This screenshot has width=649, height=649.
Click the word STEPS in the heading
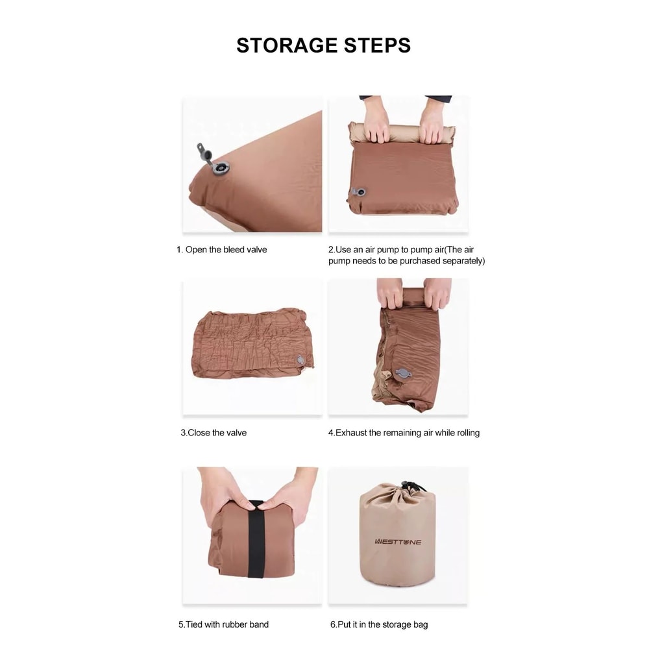[x=377, y=45]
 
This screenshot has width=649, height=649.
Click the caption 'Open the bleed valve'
[x=226, y=250]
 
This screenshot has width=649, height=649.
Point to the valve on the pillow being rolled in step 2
[x=358, y=191]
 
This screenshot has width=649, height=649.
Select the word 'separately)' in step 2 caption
[x=463, y=261]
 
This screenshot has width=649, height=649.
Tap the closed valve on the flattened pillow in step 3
[x=301, y=360]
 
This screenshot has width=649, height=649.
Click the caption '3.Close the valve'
[x=214, y=432]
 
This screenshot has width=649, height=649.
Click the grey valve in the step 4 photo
[x=403, y=374]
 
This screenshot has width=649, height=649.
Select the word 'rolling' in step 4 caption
[x=468, y=433]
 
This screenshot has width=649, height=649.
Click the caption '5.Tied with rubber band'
[x=223, y=624]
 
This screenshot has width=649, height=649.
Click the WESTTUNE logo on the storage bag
[x=398, y=541]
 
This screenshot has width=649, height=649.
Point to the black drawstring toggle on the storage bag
[x=408, y=485]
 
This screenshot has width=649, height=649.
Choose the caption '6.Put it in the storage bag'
[x=379, y=624]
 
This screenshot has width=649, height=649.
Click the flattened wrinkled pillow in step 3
[x=252, y=343]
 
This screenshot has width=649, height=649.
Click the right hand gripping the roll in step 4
[x=437, y=293]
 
